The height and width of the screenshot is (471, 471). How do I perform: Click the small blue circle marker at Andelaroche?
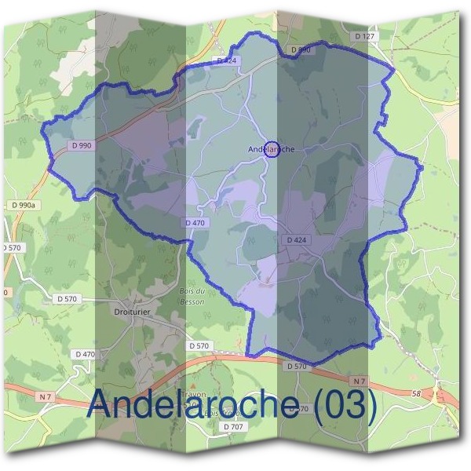click(272, 148)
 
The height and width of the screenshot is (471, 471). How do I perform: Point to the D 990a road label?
click(23, 205)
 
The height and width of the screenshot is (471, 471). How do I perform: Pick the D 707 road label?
click(233, 426)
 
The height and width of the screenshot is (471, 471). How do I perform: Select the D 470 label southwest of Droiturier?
click(85, 354)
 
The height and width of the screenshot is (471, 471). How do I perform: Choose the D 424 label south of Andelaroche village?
click(298, 239)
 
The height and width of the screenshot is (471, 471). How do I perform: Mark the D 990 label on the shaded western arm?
click(81, 145)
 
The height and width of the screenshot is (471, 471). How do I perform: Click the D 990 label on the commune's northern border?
click(301, 49)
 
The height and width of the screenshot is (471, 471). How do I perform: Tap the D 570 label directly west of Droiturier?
click(67, 298)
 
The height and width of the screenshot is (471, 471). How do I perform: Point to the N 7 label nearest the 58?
click(360, 382)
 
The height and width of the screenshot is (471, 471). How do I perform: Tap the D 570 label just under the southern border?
click(297, 366)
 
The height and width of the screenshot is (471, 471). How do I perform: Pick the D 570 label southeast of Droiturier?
click(199, 345)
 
